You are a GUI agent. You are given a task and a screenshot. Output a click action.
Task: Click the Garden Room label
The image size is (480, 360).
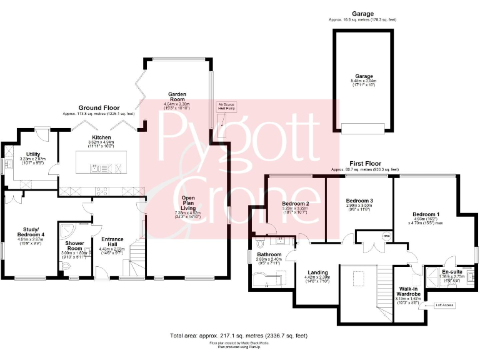click(176, 97)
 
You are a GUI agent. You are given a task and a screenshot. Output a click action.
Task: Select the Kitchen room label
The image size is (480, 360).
click(101, 137)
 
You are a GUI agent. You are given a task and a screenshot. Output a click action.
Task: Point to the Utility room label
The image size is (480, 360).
click(33, 153)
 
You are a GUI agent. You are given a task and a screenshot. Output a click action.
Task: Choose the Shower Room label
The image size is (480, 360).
click(74, 246)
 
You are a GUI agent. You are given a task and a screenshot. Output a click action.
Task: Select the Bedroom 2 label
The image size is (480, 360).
click(296, 204)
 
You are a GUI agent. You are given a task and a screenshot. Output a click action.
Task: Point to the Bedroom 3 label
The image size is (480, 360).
click(359, 200)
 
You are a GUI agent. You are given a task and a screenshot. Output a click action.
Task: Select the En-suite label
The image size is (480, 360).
click(452, 272)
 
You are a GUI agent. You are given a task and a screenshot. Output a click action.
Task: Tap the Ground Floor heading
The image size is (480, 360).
click(99, 108)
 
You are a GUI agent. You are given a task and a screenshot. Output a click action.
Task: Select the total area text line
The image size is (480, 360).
click(239, 336)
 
